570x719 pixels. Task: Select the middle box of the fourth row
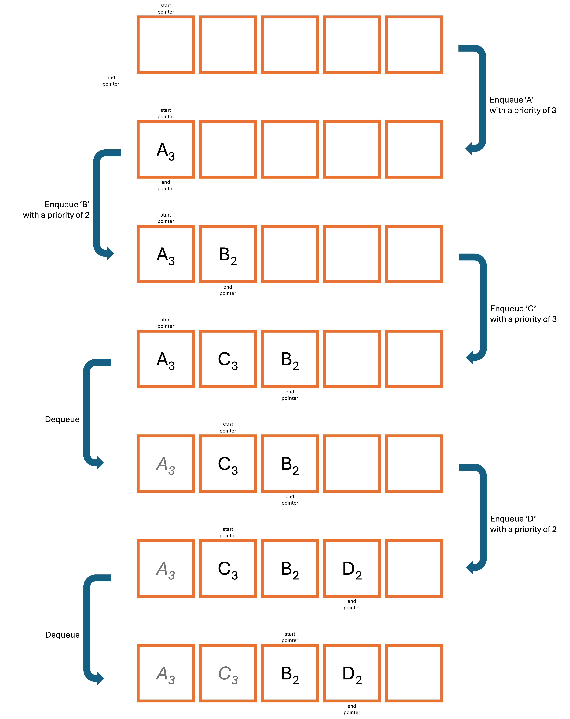coord(290,359)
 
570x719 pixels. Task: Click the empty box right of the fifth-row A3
coord(228,464)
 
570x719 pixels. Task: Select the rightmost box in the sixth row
coord(414,568)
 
